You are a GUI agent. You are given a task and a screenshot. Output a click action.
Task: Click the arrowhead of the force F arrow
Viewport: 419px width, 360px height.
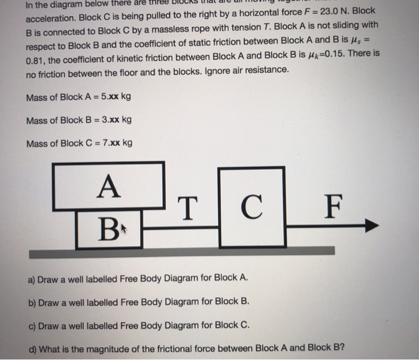click(x=372, y=225)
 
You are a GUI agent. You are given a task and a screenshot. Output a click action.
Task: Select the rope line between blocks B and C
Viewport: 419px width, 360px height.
click(x=180, y=227)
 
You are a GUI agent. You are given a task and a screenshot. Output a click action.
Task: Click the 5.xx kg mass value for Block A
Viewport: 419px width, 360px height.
click(x=116, y=97)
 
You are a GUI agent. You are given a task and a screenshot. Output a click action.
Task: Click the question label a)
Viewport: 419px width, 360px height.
click(x=32, y=279)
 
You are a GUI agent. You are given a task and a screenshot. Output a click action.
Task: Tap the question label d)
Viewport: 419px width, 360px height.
click(x=32, y=348)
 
